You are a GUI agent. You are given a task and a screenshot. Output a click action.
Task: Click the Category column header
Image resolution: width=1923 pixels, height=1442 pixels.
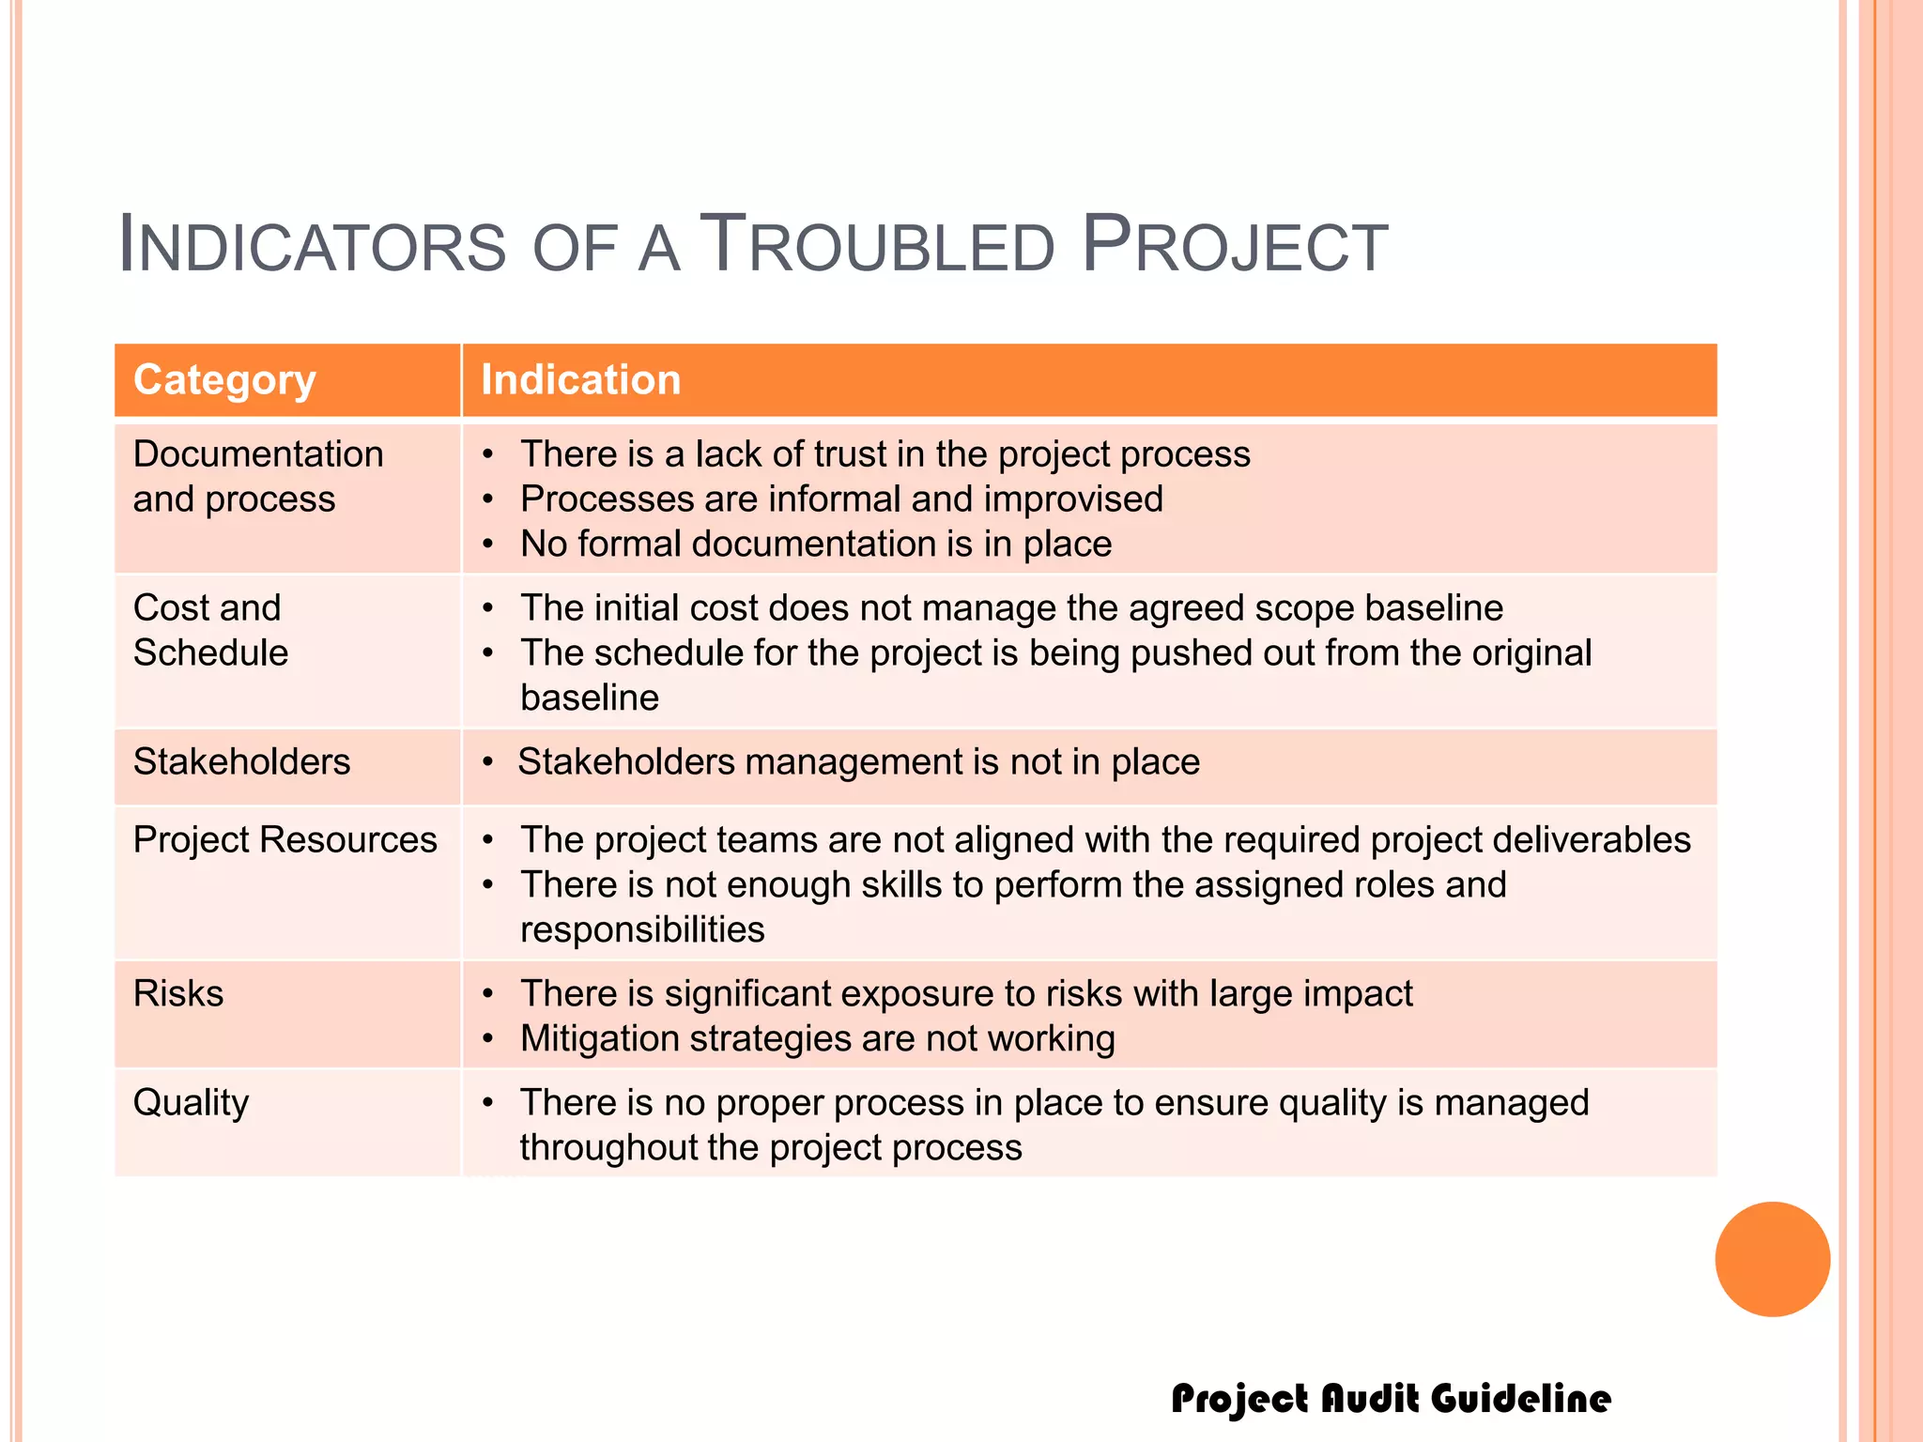(224, 380)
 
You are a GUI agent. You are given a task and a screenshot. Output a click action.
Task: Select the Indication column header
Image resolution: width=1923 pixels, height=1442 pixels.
(580, 380)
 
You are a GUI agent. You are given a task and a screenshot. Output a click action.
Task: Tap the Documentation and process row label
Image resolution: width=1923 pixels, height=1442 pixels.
(257, 476)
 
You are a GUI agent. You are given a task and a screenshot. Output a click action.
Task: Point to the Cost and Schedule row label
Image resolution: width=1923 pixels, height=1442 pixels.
(210, 630)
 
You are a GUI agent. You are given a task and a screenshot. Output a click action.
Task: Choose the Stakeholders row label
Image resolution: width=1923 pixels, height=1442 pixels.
(241, 761)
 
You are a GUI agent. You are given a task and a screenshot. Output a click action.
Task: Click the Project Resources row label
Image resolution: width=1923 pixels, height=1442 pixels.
(285, 839)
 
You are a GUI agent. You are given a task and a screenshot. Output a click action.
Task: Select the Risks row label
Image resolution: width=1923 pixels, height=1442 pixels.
(178, 993)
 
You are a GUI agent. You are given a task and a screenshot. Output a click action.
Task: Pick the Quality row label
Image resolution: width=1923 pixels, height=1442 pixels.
(191, 1102)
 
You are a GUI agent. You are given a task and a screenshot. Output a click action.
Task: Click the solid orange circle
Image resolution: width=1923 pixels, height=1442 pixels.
(1772, 1259)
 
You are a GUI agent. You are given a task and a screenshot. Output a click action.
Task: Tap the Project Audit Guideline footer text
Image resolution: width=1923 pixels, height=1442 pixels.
(1391, 1398)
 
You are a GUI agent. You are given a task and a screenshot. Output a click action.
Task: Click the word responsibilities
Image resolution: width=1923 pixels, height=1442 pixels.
(642, 929)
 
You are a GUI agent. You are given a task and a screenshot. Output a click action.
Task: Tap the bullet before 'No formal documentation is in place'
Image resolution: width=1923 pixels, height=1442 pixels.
(487, 545)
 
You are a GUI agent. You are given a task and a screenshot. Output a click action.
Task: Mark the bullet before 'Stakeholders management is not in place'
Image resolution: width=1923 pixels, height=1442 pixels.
(487, 762)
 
